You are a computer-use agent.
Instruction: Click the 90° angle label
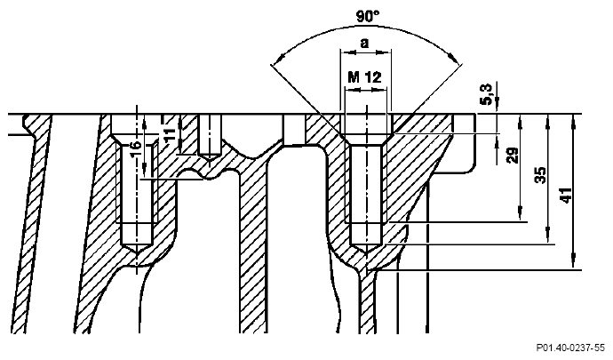point(368,16)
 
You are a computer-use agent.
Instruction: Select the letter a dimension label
point(364,43)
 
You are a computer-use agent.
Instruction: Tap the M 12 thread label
point(364,77)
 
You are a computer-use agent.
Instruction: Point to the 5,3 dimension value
point(487,95)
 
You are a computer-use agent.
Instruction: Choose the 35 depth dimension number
point(541,175)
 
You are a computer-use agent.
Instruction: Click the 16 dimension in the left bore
point(134,149)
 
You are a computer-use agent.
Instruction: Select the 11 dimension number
point(169,135)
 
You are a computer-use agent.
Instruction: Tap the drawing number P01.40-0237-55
point(570,348)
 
